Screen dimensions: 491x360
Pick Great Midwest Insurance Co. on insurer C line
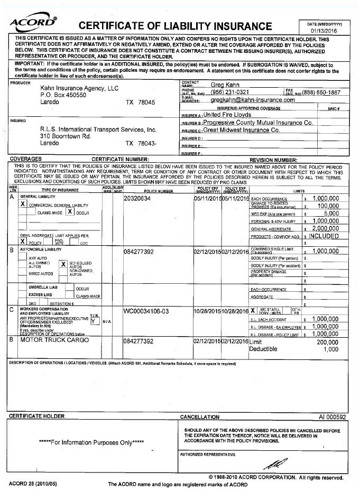(x=242, y=130)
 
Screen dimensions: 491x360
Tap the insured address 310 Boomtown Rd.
(x=66, y=136)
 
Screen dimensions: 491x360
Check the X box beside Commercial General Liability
(x=23, y=204)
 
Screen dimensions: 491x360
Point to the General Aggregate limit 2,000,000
(x=333, y=228)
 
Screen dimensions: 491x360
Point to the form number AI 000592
(x=332, y=416)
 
